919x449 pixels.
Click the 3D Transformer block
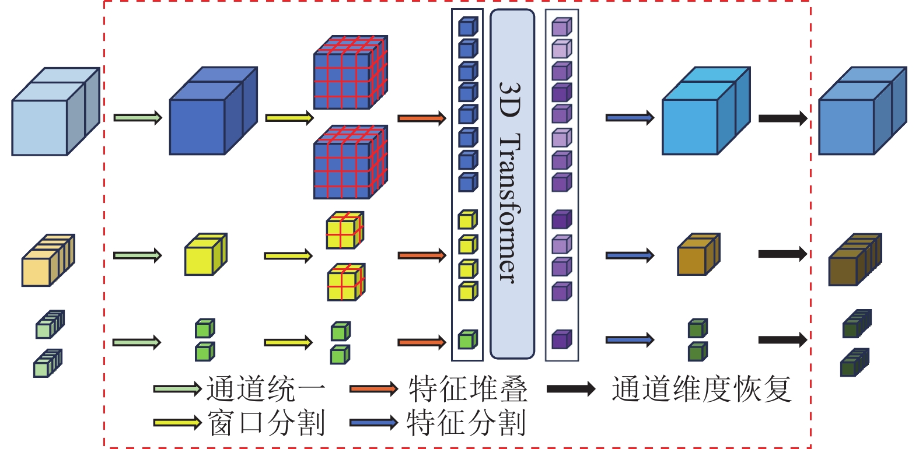pos(512,184)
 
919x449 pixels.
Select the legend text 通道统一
pos(265,389)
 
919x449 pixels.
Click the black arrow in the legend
pos(571,389)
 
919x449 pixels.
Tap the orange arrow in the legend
pos(373,389)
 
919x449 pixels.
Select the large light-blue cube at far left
pos(55,112)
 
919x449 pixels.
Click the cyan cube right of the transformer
pos(705,112)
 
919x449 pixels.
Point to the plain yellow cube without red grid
pos(205,255)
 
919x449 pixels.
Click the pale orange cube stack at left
pos(48,261)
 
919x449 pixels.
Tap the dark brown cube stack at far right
pos(855,260)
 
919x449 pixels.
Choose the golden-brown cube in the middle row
pos(698,255)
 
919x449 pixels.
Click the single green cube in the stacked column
pos(467,340)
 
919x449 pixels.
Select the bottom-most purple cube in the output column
pos(561,340)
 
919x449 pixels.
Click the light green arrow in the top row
pos(137,118)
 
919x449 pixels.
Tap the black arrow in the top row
pos(782,118)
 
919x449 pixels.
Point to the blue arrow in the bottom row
pos(630,340)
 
